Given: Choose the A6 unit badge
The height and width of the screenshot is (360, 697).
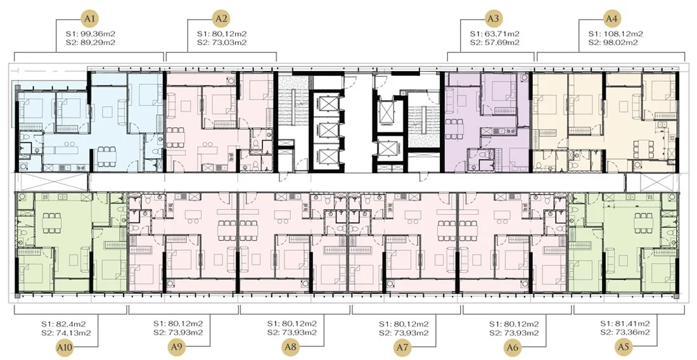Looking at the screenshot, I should pos(513,347).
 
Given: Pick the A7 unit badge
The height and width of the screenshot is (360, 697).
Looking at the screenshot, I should pos(402,347).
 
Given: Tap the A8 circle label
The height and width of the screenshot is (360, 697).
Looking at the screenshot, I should pos(291,347).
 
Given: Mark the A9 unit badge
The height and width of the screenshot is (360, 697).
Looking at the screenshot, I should pos(178,347).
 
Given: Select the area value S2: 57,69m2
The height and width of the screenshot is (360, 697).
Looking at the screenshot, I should pos(494,42).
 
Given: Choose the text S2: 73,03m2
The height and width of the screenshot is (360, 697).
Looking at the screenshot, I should pos(222,42).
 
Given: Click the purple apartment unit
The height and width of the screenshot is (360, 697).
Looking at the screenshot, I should pos(487,120).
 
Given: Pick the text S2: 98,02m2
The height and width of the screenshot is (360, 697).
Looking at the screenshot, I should pos(612,42).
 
